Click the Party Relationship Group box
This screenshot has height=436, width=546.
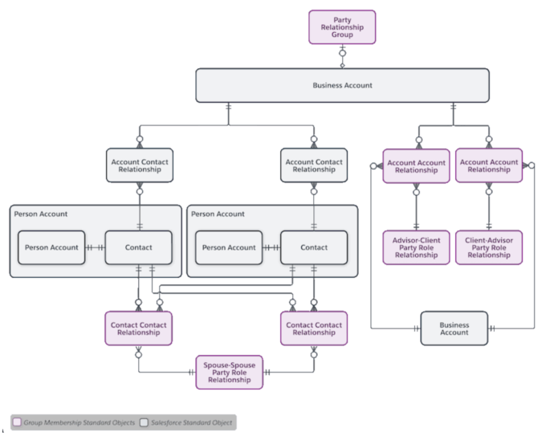point(342,26)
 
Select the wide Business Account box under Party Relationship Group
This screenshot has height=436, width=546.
point(342,85)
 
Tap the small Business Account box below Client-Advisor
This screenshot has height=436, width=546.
point(454,328)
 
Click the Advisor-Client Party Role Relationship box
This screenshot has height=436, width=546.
point(416,248)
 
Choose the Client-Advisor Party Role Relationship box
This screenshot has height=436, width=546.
point(489,248)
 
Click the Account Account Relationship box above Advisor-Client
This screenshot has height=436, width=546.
point(416,165)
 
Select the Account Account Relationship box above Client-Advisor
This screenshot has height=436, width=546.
point(489,165)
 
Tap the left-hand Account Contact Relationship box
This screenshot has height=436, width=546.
point(139,165)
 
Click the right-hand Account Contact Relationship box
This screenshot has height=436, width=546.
point(314,165)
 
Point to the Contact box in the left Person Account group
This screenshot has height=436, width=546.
point(139,247)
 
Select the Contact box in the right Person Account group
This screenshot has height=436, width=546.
point(314,247)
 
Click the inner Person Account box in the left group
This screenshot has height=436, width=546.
point(52,247)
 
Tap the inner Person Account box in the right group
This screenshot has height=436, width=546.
point(229,247)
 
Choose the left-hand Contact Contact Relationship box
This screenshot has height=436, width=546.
point(139,328)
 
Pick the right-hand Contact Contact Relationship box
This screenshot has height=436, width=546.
point(314,328)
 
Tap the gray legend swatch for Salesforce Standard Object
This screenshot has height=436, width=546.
point(145,422)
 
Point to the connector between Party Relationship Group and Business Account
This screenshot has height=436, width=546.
point(342,55)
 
